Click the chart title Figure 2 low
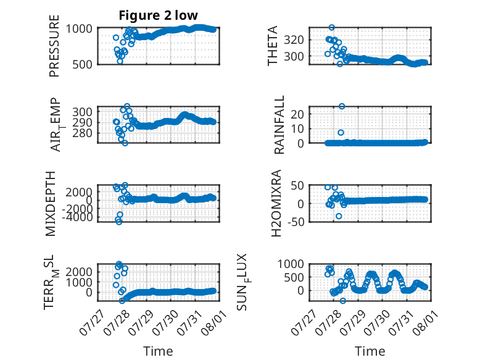tap(159, 15)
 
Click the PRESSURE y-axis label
tap(54, 46)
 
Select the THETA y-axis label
tap(272, 46)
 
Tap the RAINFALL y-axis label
tap(279, 125)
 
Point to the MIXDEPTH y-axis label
tap(51, 204)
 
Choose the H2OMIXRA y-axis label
tap(276, 203)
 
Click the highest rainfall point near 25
tap(342, 106)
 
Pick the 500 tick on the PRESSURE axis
tap(82, 64)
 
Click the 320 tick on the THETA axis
tap(294, 40)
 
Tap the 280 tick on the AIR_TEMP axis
tap(82, 133)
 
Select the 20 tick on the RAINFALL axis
tap(297, 114)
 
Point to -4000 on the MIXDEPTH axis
tap(79, 217)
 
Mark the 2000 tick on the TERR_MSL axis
tap(79, 272)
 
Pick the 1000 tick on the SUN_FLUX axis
tap(291, 264)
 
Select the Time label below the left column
tap(158, 351)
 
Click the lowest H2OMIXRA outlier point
tap(339, 216)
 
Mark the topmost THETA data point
tap(331, 28)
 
